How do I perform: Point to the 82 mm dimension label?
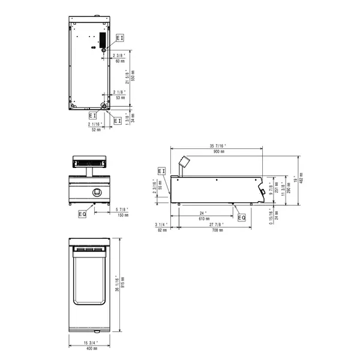[x=161, y=230]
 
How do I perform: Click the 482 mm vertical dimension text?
[x=301, y=178]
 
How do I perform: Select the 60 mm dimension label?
[x=119, y=61]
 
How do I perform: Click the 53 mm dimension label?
[x=119, y=97]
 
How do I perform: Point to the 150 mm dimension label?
[x=122, y=214]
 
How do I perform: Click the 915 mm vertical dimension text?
[x=122, y=282]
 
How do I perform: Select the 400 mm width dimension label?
[x=91, y=348]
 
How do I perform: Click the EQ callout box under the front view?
[x=82, y=213]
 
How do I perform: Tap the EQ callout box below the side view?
[x=241, y=217]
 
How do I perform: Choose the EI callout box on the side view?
[x=161, y=172]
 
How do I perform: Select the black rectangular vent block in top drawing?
[x=102, y=39]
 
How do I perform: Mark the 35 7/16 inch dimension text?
[x=218, y=146]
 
